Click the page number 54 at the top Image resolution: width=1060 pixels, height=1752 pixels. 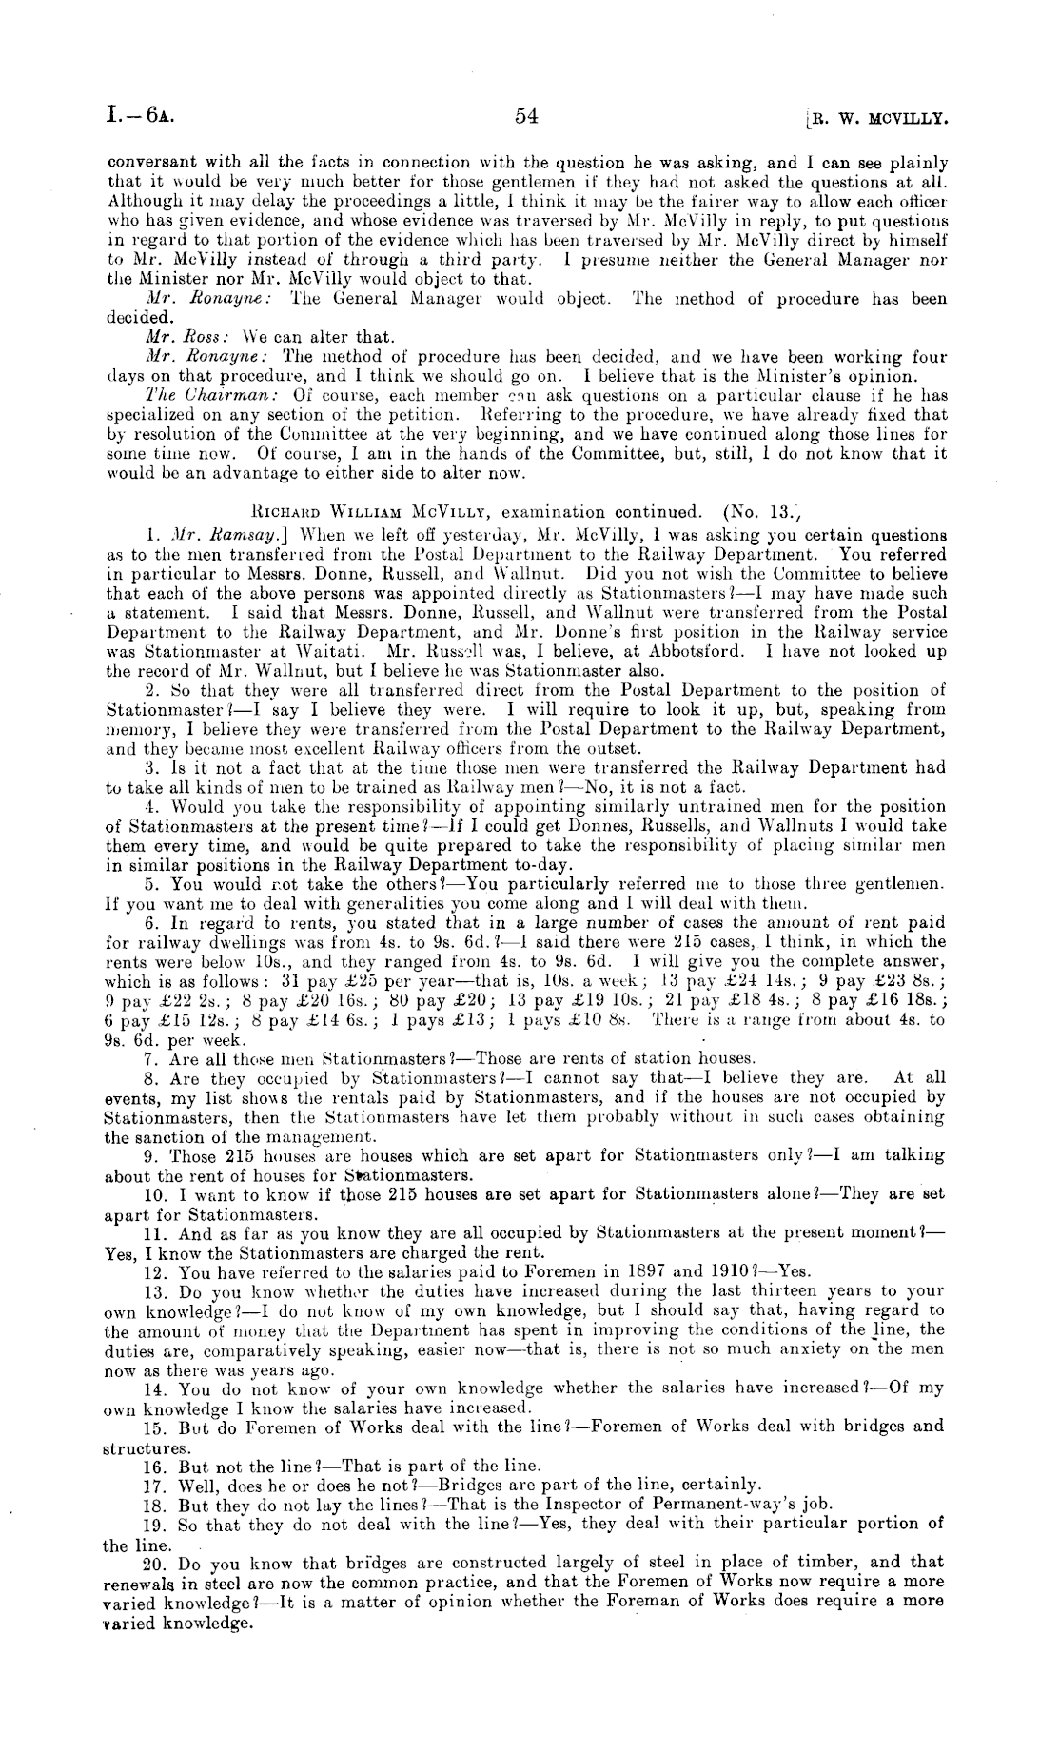click(x=526, y=116)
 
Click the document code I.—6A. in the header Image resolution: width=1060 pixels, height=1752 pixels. click(x=140, y=116)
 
